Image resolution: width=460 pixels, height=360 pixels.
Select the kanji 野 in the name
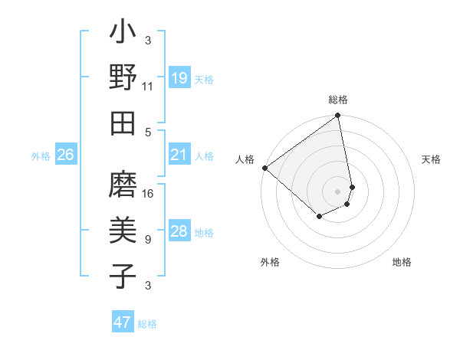tap(123, 78)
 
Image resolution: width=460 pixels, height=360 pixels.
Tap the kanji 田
tap(123, 122)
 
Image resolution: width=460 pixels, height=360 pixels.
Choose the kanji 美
tap(123, 231)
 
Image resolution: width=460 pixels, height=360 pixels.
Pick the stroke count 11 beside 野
tap(148, 86)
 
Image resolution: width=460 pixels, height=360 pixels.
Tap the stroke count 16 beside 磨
tap(148, 194)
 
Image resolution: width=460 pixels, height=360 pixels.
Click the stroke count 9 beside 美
tap(148, 239)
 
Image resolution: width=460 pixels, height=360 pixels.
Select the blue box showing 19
tap(179, 78)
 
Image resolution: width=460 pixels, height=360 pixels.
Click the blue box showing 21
tap(179, 155)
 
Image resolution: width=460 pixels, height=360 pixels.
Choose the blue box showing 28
tap(179, 231)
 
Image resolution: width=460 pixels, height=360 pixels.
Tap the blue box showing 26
tap(66, 155)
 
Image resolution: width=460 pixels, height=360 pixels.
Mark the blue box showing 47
tap(123, 322)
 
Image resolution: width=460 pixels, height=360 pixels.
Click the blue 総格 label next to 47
tap(147, 324)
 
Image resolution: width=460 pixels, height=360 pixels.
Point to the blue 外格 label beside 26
tap(41, 156)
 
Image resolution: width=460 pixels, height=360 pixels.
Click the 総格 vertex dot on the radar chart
tap(338, 116)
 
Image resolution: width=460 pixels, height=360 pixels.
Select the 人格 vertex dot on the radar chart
tap(264, 168)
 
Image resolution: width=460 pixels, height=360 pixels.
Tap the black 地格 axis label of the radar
tap(402, 262)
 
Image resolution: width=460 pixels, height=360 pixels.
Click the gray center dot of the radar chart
tap(338, 191)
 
